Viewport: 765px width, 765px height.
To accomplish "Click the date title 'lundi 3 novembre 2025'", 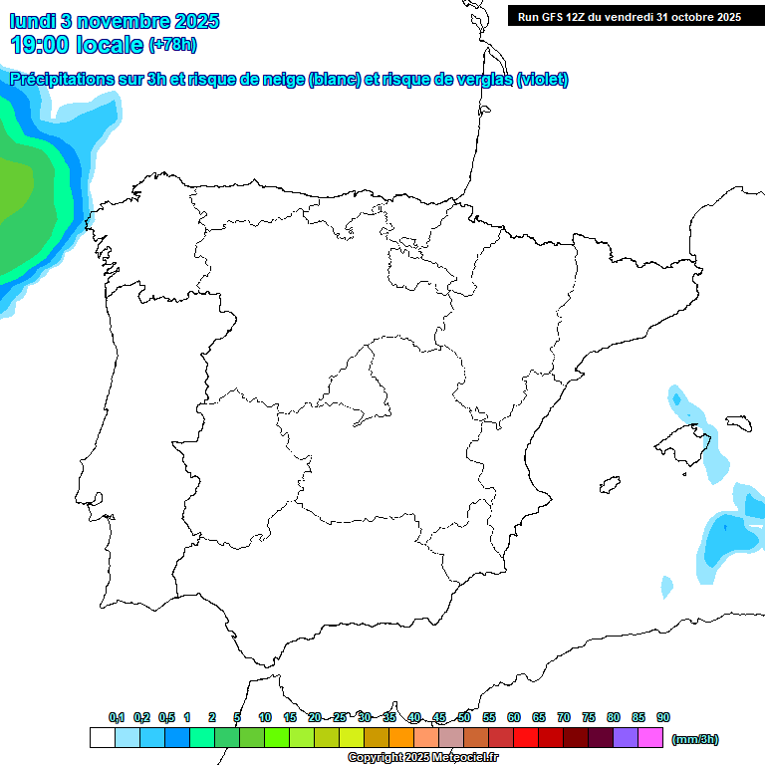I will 115,21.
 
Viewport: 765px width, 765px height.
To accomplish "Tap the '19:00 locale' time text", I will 78,44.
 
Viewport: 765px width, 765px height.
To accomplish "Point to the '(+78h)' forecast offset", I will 173,45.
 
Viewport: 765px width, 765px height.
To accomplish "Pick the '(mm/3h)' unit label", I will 694,739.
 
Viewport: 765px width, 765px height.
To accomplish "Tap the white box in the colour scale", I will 102,738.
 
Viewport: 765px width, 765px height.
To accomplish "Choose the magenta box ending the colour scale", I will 650,738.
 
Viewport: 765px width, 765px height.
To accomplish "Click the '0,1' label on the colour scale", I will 117,717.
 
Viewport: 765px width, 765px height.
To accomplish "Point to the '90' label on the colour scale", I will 663,717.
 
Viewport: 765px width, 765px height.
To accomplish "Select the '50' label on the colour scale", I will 464,717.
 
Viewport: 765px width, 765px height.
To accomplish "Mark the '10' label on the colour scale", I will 265,717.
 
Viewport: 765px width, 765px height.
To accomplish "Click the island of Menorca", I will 738,422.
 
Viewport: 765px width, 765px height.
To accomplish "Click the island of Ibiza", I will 610,485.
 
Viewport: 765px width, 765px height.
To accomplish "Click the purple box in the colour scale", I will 626,738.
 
